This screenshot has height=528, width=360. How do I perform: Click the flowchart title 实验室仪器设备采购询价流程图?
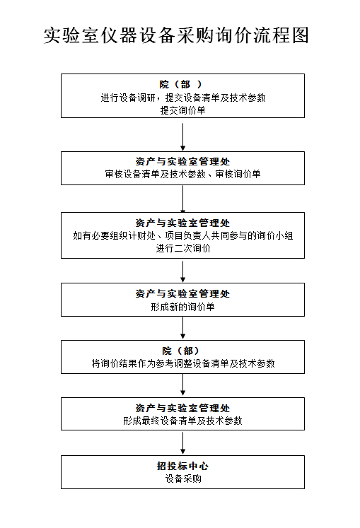[x=176, y=35]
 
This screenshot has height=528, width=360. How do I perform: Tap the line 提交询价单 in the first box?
[x=182, y=110]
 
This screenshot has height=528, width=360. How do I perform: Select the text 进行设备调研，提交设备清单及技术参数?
[x=183, y=98]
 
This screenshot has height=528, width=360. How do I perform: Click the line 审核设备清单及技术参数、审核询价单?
[x=182, y=174]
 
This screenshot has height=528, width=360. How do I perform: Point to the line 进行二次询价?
[x=183, y=248]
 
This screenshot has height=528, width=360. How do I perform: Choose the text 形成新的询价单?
[x=182, y=307]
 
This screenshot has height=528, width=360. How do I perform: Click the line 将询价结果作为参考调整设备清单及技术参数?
[x=183, y=364]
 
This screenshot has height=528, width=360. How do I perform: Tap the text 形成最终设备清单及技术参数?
[x=182, y=421]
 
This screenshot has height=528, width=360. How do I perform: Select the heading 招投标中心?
[x=182, y=466]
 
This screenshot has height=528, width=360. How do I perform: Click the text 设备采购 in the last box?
[x=183, y=479]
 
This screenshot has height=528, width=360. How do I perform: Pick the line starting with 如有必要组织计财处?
[x=183, y=235]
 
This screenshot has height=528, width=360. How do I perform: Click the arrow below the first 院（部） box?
[x=182, y=137]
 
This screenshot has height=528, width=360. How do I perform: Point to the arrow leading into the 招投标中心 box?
[x=182, y=443]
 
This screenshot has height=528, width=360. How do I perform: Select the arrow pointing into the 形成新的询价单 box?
[x=182, y=271]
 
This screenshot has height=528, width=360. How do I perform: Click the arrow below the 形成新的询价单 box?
[x=182, y=328]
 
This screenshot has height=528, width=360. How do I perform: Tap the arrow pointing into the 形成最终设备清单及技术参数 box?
[x=182, y=385]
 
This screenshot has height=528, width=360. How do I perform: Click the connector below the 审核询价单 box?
[x=182, y=199]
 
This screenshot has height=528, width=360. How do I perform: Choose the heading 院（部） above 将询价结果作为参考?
[x=180, y=351]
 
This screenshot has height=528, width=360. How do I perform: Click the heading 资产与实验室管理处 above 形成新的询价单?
[x=182, y=293]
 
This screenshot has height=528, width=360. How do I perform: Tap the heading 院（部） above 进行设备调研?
[x=180, y=84]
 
